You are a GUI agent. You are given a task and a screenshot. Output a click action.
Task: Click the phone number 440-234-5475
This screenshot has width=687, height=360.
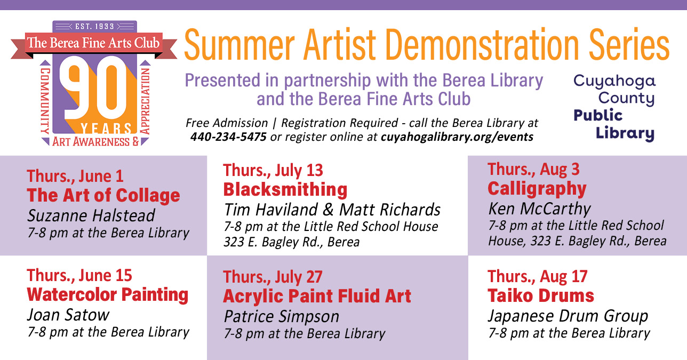[x=228, y=137]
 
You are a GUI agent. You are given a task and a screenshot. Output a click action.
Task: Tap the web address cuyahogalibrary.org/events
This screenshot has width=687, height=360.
[x=457, y=137]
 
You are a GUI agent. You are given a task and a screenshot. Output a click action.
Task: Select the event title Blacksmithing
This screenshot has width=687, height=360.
[x=285, y=189]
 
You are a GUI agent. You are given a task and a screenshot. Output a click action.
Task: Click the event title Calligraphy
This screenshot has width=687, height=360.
[x=537, y=189]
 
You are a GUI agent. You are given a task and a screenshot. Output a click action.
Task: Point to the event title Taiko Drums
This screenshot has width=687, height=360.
[x=541, y=295]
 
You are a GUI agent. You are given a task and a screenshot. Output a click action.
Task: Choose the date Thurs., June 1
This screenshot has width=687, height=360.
[x=75, y=176]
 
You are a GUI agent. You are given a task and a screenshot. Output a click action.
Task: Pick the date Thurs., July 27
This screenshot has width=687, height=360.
[x=273, y=277]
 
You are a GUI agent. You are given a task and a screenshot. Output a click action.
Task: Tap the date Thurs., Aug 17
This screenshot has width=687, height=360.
[x=537, y=276]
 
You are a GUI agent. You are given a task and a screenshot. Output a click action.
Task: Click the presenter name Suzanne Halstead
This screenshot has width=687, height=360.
[x=91, y=215]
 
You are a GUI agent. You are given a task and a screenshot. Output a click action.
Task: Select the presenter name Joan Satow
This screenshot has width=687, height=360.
[x=68, y=315]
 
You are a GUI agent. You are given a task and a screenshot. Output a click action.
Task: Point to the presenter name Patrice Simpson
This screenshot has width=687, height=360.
[x=282, y=316]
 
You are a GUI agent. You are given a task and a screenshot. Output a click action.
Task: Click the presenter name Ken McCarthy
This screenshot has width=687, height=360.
[x=539, y=209]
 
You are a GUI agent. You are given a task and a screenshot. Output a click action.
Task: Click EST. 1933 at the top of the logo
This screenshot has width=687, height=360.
[x=94, y=26]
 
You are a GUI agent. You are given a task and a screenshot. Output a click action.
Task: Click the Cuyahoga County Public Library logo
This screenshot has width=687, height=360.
[x=614, y=108]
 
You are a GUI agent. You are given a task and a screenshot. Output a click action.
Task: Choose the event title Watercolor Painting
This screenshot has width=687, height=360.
[x=108, y=295]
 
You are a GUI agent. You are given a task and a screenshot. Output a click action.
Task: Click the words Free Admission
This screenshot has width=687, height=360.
[x=227, y=123]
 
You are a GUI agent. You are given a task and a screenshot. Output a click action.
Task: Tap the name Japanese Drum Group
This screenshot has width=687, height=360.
[x=568, y=316]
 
